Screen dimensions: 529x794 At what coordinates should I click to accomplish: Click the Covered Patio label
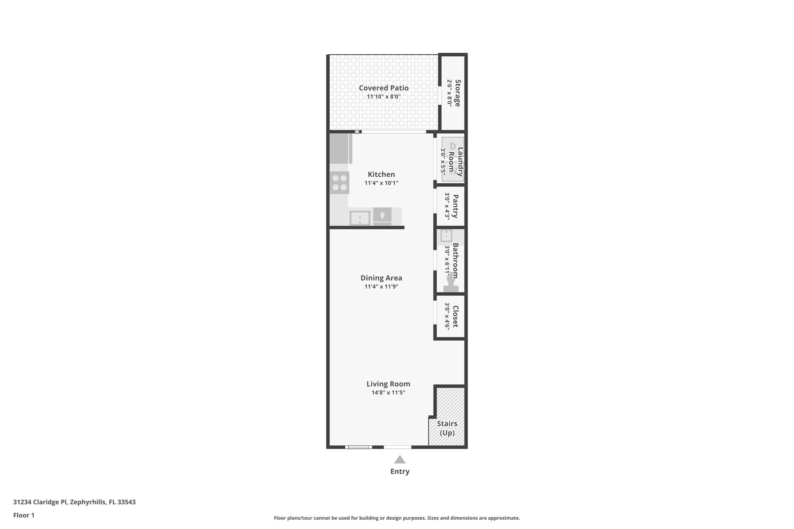[x=383, y=88]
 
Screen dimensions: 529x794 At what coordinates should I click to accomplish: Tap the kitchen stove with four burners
[x=340, y=183]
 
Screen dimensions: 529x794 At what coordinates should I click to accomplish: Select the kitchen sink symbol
[x=360, y=218]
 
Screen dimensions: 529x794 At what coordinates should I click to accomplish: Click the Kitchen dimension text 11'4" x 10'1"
[x=381, y=183]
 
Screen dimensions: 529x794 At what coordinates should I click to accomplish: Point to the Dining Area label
[x=381, y=278]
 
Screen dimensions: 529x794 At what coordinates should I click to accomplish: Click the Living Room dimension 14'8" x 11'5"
[x=388, y=393]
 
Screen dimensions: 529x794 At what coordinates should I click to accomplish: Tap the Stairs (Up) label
[x=447, y=428]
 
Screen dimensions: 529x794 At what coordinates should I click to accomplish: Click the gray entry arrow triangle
[x=400, y=460]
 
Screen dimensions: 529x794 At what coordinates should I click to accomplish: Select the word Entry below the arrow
[x=400, y=472]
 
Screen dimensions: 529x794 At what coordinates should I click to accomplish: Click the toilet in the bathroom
[x=451, y=285]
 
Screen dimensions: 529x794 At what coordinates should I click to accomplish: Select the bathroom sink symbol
[x=446, y=236]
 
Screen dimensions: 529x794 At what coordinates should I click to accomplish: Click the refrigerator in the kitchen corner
[x=340, y=148]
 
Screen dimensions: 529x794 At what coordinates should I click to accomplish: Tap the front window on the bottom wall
[x=359, y=447]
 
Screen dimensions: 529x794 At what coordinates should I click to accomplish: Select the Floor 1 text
[x=24, y=515]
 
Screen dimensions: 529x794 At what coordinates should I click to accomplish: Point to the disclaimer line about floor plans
[x=397, y=518]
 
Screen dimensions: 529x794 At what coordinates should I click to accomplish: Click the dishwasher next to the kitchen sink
[x=382, y=216]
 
